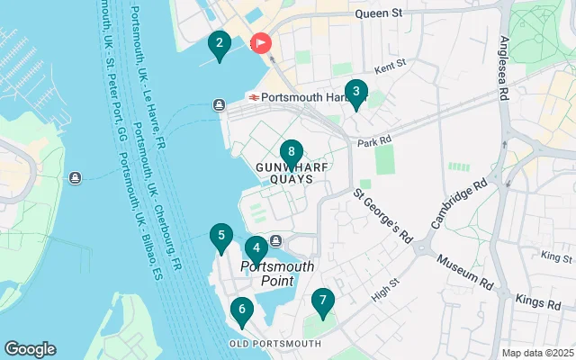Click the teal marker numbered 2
219,45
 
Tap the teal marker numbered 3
355,93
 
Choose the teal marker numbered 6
240,312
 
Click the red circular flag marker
262,43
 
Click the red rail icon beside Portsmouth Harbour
255,97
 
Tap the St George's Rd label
382,215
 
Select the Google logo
31,348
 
